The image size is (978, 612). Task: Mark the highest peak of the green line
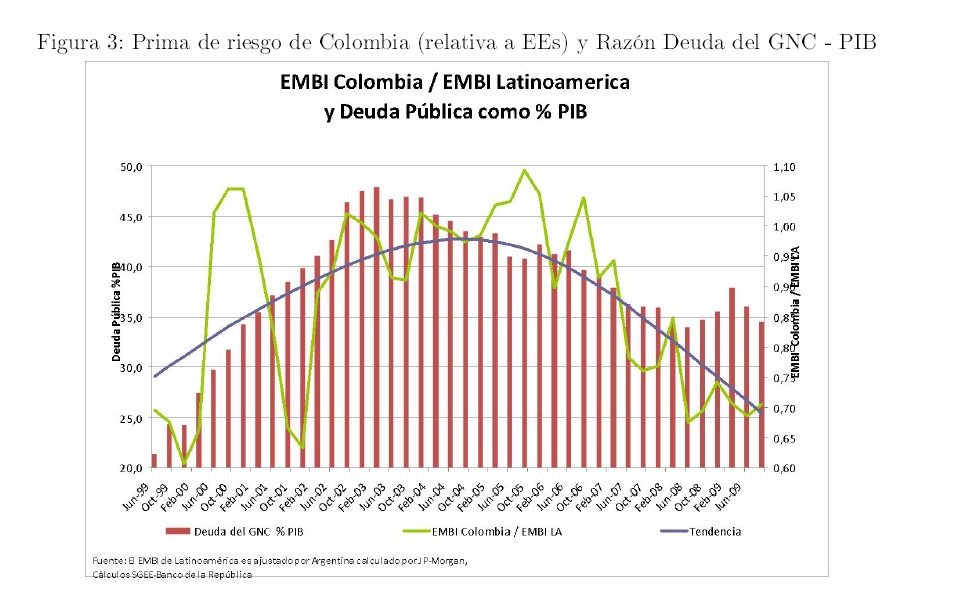point(525,170)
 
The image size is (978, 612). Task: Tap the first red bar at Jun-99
point(154,461)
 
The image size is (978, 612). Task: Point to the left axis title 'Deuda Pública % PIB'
point(117,311)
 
